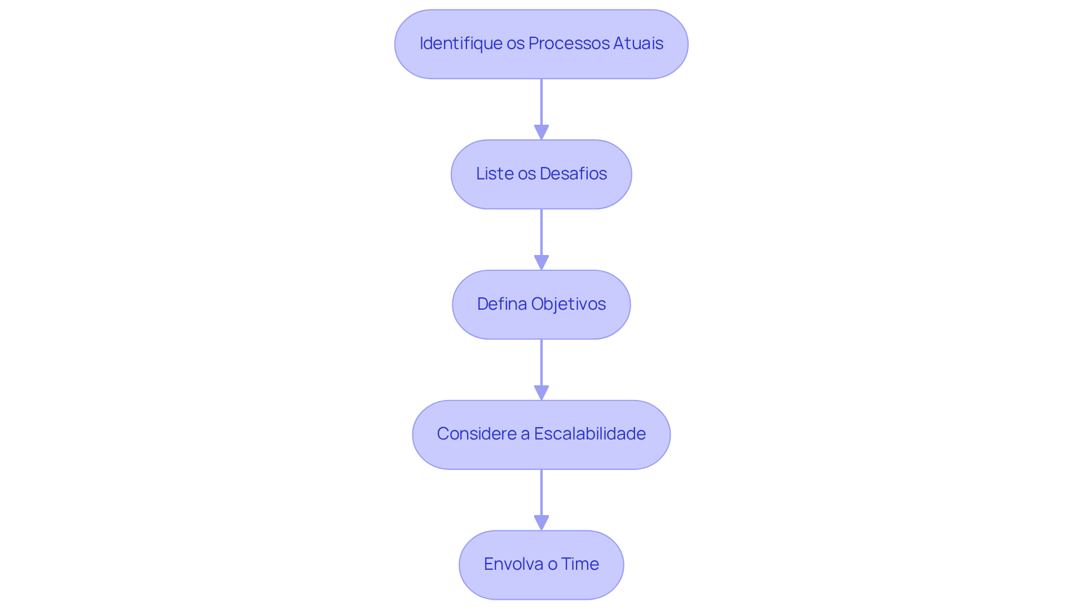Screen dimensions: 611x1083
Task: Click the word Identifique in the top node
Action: click(x=461, y=43)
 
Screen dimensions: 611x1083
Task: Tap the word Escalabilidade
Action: click(x=589, y=434)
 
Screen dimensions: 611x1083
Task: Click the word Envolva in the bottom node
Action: click(x=510, y=564)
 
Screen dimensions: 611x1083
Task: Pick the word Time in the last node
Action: click(x=580, y=564)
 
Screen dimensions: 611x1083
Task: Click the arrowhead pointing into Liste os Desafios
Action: click(x=541, y=133)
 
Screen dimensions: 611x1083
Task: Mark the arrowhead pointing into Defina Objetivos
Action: click(x=541, y=263)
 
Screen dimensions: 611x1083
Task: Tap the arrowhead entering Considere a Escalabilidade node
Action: click(x=541, y=393)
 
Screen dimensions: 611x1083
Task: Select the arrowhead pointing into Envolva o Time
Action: click(x=541, y=523)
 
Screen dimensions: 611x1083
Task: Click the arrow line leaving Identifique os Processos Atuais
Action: click(x=541, y=102)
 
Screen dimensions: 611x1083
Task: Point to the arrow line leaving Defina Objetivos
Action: click(x=541, y=362)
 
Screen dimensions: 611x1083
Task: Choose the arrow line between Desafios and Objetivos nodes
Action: click(x=541, y=232)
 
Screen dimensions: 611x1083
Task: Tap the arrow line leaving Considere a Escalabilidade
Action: click(x=541, y=492)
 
